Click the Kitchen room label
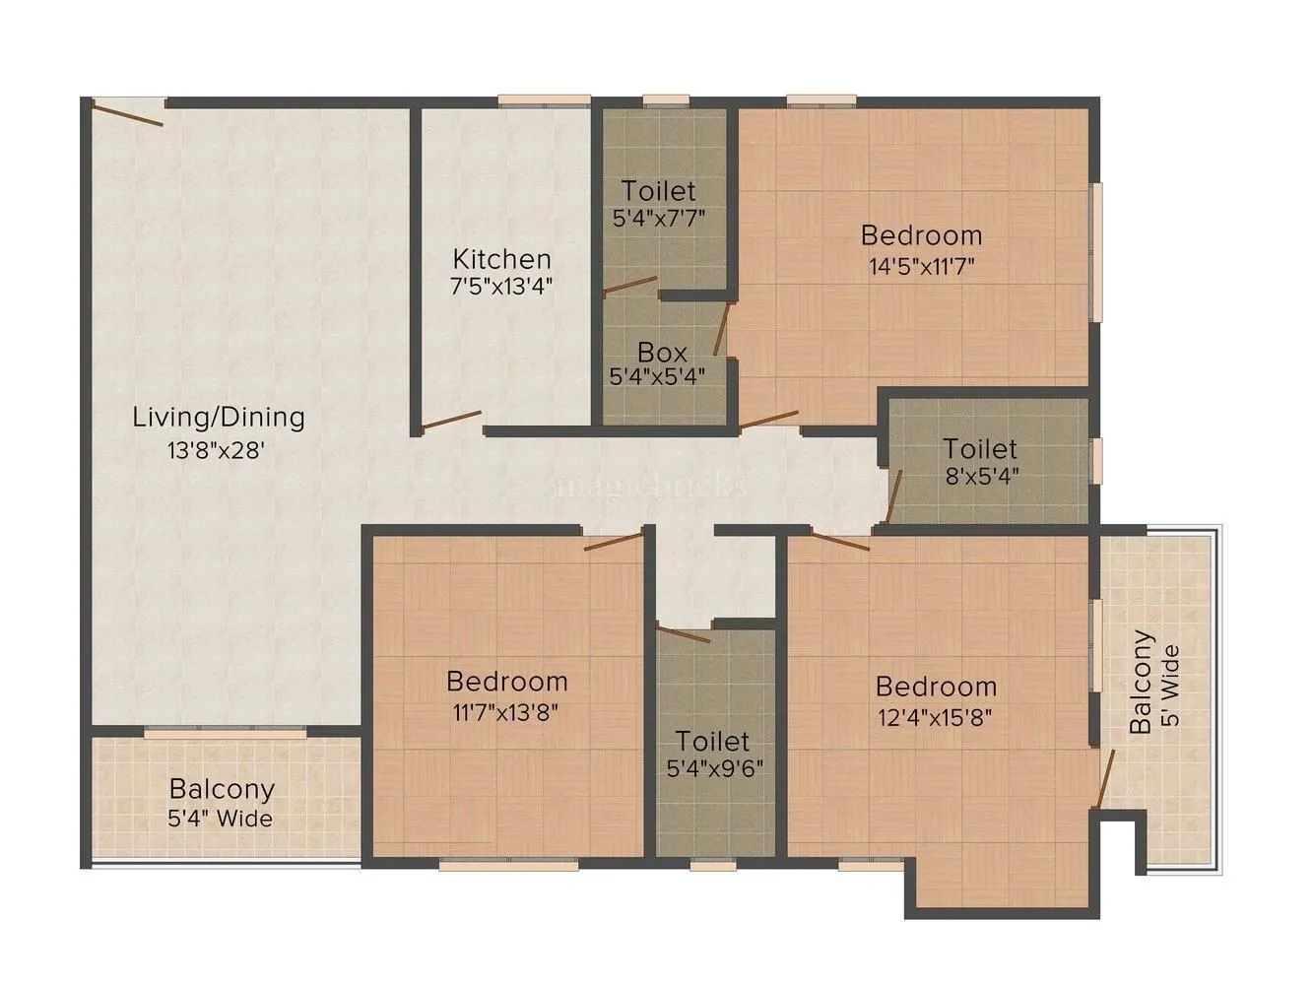501,259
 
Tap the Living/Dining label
219,417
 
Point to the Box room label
662,352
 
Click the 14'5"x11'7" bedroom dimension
921,265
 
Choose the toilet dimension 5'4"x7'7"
659,218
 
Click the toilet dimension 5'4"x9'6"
712,767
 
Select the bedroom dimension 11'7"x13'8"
506,711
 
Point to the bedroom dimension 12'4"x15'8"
936,716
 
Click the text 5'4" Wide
221,818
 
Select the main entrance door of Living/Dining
127,111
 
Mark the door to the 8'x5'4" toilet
894,496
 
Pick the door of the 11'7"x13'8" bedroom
613,540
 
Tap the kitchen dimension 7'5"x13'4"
501,288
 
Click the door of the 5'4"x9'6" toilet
683,632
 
